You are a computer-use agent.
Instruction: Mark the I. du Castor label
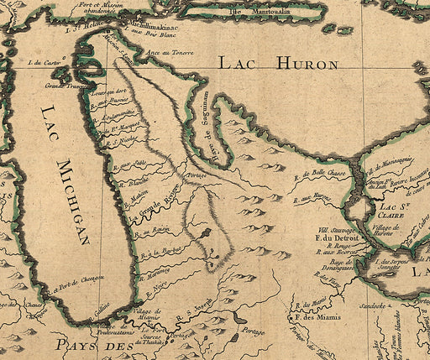[45, 62]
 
